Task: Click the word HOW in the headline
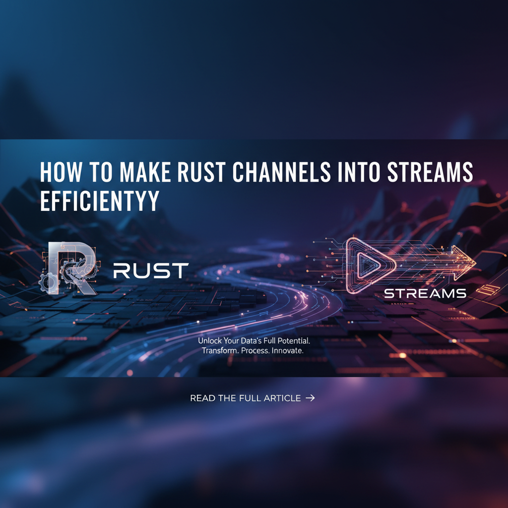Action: coord(61,172)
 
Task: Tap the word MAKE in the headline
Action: coord(145,172)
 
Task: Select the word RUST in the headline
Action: coord(201,172)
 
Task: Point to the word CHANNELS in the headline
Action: coord(281,172)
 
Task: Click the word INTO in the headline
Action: coord(359,172)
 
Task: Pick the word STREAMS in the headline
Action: coord(430,172)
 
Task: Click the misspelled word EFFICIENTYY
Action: coord(100,200)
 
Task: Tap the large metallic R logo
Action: coord(72,268)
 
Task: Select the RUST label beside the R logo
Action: coord(151,270)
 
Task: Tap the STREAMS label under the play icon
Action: coord(425,294)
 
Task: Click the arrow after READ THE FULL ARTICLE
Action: coord(311,398)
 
